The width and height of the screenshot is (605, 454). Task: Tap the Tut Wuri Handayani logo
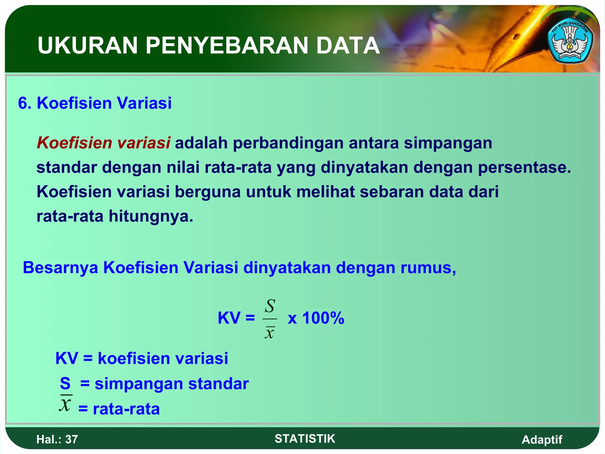point(570,43)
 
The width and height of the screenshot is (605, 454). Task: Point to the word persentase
point(524,167)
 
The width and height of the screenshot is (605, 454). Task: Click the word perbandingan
point(288,143)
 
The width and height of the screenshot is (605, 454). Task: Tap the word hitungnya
point(151,216)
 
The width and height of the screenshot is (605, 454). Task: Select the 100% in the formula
point(323,318)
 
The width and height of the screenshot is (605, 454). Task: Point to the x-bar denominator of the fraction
point(269,333)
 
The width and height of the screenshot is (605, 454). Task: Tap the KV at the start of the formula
point(229,318)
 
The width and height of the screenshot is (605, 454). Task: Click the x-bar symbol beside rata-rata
point(66,403)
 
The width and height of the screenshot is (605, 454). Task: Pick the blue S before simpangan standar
point(65,384)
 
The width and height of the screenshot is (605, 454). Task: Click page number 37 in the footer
point(71,440)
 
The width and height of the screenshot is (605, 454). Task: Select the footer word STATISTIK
point(305,439)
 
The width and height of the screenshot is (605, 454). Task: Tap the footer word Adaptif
point(542,440)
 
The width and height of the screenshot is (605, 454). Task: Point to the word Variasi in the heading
point(144,103)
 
